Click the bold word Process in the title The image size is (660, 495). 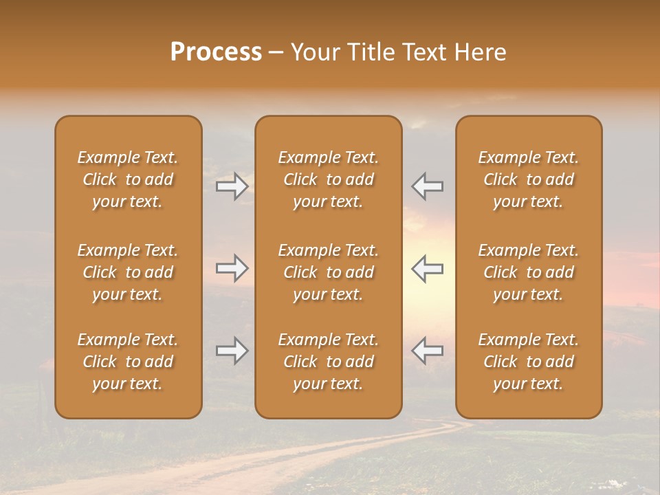pos(216,52)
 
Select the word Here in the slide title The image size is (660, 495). pos(481,52)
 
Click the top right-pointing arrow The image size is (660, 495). pos(232,186)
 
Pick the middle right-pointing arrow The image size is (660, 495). pos(232,268)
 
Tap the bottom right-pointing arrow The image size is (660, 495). pos(232,351)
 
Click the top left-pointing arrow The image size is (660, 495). pos(428,186)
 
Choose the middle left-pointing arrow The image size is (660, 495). pos(428,268)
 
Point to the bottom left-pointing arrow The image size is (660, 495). pos(428,351)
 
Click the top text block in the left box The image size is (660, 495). pos(128,179)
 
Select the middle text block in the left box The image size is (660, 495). pos(128,272)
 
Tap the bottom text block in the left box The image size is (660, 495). pos(128,362)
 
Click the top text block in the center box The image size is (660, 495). pos(328,179)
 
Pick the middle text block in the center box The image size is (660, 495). pos(328,272)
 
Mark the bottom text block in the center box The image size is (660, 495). pos(328,362)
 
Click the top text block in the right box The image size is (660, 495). pos(528,179)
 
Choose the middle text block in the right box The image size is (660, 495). pos(528,272)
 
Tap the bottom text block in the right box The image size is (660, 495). pos(528,362)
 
